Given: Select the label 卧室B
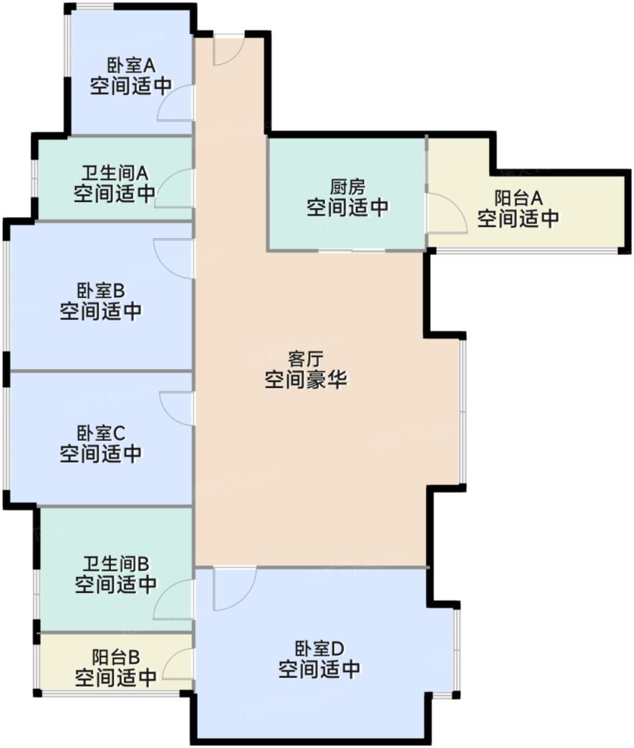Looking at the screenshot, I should coord(101,290).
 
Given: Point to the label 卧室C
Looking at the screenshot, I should coord(101,433).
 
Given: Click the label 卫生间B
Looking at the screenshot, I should coord(116,563).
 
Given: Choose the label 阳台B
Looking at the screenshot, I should coord(116,656).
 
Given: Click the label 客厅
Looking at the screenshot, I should coord(305,358).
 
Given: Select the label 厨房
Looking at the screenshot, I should coord(348,186).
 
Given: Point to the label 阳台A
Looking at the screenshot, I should coord(518,198).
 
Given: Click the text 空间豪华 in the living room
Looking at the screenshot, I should coord(305,380).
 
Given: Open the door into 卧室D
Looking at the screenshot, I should coord(233,589).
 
